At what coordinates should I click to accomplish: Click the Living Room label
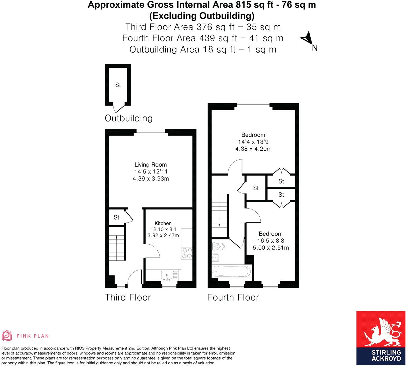coord(151,165)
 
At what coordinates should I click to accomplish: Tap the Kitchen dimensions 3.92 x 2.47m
coord(163,235)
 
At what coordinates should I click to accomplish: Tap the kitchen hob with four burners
coord(187,253)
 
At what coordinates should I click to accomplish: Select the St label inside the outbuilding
coord(118,85)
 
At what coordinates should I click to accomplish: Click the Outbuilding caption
coord(129,118)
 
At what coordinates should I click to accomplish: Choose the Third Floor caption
coord(128,297)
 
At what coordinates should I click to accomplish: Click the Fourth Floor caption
coord(233,297)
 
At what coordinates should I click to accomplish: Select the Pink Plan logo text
coord(33,336)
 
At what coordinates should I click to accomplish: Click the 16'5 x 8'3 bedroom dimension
coord(271,241)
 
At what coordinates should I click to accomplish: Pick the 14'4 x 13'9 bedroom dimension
coord(253,142)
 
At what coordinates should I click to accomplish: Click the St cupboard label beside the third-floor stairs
coord(116,217)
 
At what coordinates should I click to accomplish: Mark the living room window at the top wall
coord(151,130)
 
